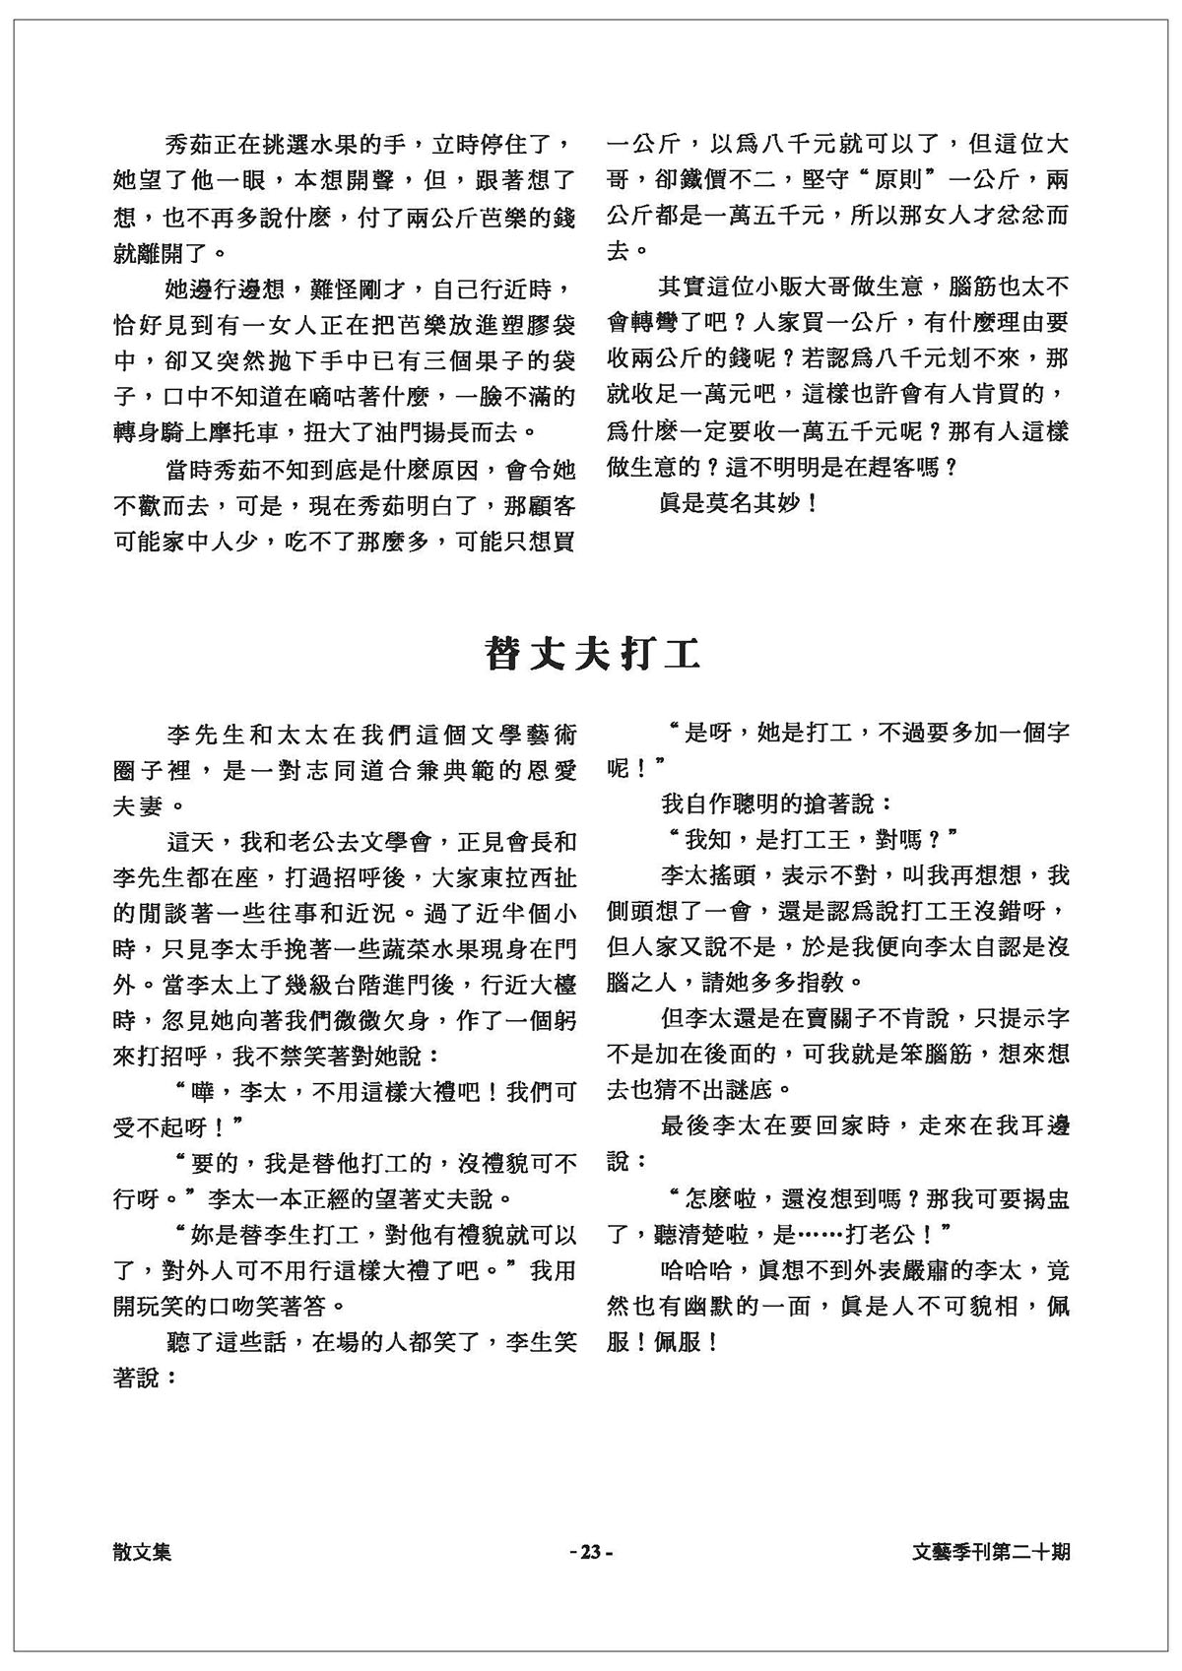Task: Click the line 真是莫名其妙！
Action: point(738,504)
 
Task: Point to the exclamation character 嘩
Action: point(195,1091)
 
